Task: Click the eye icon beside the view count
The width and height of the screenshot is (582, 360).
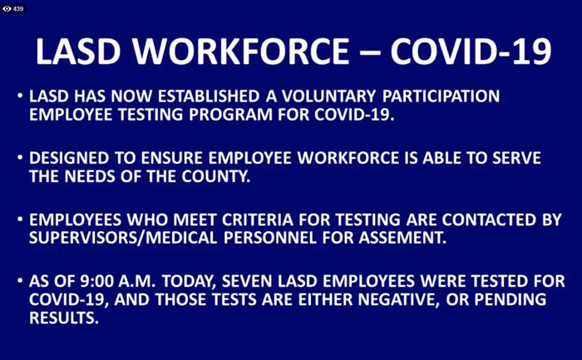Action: [x=7, y=8]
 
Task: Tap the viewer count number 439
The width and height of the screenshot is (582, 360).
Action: [x=17, y=8]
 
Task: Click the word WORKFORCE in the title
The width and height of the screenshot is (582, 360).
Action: [x=241, y=52]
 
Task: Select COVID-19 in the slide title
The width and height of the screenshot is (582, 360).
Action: [x=471, y=52]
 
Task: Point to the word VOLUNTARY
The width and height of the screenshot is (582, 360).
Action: [x=329, y=96]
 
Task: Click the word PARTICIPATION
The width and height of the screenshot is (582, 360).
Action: [x=441, y=96]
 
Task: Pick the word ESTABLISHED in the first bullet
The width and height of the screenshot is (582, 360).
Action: [x=209, y=96]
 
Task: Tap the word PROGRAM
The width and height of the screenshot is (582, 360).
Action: [x=230, y=114]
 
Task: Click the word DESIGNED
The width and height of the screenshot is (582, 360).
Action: [x=69, y=158]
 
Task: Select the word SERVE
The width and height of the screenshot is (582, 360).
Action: [x=516, y=158]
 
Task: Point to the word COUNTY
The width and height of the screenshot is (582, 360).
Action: [x=216, y=176]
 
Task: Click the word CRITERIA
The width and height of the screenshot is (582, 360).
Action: [x=258, y=219]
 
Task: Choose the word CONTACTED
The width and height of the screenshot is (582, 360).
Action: [x=489, y=219]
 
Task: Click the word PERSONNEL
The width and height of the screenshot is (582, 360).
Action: [x=270, y=238]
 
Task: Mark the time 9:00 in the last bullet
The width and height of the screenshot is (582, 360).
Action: [x=97, y=281]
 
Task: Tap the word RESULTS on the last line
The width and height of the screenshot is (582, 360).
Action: [x=64, y=318]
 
